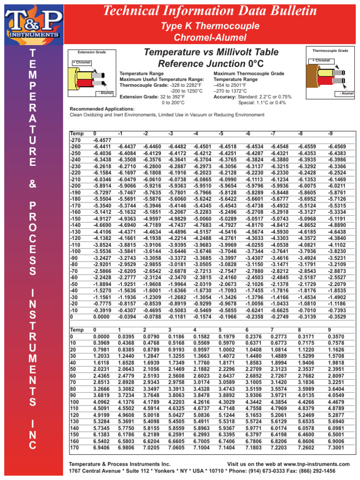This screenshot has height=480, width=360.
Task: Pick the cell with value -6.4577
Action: [x=102, y=140]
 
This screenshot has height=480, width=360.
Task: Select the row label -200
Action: [x=75, y=186]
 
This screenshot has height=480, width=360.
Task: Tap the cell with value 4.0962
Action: [x=102, y=402]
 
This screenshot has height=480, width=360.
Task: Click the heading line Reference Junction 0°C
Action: [x=211, y=63]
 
